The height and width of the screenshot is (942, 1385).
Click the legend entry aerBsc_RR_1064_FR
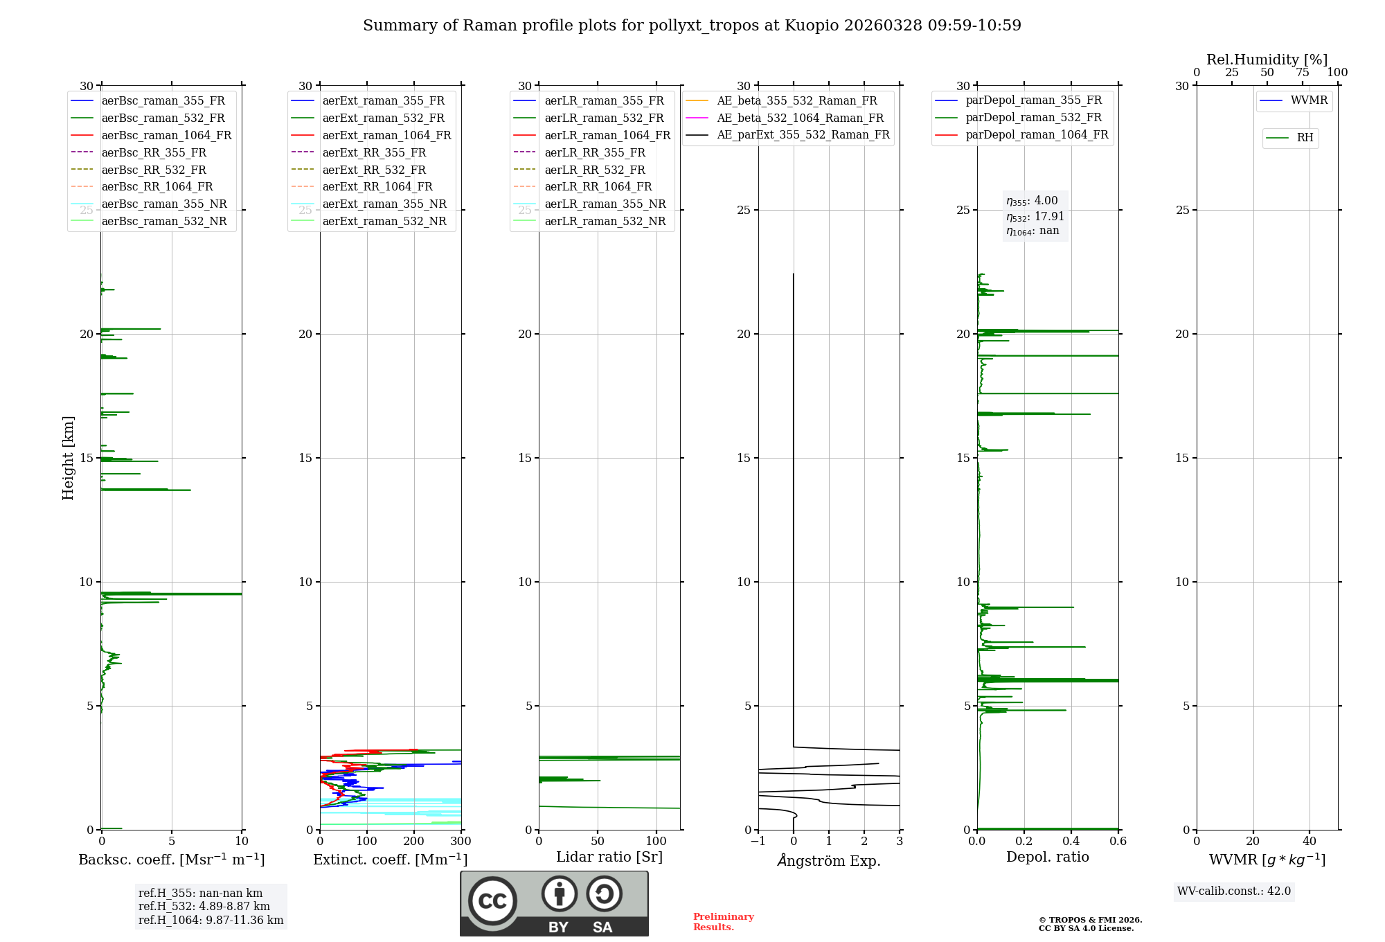[x=157, y=187]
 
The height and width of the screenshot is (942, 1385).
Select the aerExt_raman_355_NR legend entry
[x=384, y=204]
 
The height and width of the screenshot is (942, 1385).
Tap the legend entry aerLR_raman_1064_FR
[x=607, y=135]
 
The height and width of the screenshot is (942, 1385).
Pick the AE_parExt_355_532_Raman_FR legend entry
[x=803, y=135]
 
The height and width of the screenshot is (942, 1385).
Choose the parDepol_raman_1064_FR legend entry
[x=1037, y=135]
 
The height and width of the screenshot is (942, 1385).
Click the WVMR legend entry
[x=1309, y=100]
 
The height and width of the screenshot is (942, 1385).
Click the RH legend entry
[x=1305, y=138]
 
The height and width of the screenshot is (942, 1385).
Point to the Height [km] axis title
[x=68, y=458]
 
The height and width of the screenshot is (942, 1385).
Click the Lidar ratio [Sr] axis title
[x=609, y=857]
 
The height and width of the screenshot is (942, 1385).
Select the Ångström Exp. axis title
[x=829, y=860]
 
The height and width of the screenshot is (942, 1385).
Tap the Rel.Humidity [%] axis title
[x=1267, y=60]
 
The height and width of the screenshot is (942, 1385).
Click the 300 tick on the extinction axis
[x=461, y=842]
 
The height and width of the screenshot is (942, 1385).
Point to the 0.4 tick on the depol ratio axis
[x=1071, y=842]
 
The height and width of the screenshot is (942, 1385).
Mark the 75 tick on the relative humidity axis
[x=1303, y=73]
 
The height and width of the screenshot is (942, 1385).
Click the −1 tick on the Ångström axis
[x=758, y=842]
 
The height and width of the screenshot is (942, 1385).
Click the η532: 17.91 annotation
[x=1035, y=216]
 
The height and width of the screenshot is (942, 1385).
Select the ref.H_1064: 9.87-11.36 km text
[x=211, y=921]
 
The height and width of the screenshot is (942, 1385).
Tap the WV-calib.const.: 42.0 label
[x=1234, y=891]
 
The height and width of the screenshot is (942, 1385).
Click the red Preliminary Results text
[x=723, y=922]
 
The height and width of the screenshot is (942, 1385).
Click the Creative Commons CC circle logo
[x=492, y=900]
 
